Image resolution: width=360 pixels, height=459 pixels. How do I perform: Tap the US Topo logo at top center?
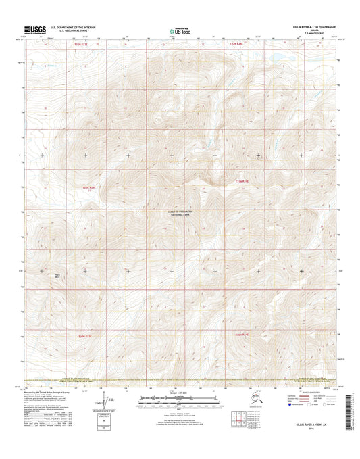pyautogui.click(x=179, y=30)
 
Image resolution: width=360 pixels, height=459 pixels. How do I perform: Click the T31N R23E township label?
pyautogui.click(x=90, y=187)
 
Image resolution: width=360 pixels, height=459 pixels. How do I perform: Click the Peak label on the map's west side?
pyautogui.click(x=57, y=274)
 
